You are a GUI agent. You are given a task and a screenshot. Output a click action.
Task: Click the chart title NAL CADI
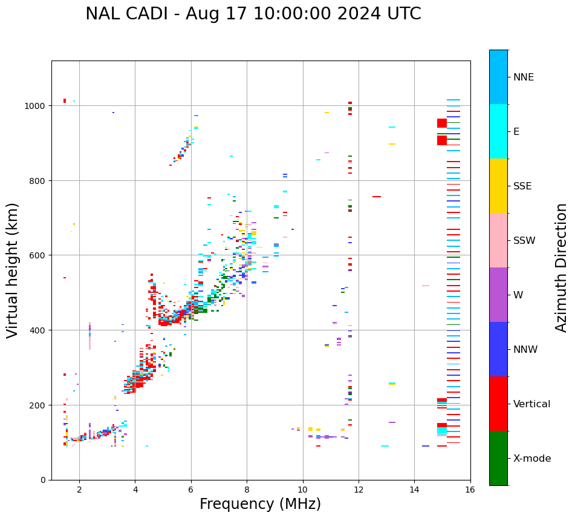coord(253,14)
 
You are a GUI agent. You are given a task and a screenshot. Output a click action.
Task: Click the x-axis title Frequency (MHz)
coord(260,504)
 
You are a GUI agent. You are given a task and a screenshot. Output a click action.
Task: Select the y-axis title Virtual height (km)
coord(13,270)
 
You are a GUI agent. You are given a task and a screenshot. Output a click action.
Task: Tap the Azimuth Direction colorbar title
coord(562,267)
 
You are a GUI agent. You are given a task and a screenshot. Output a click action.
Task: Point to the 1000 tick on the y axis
coord(37,106)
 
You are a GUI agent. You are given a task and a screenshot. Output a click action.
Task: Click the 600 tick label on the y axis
coord(39,255)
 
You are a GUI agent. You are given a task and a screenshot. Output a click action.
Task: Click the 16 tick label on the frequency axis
coord(470,490)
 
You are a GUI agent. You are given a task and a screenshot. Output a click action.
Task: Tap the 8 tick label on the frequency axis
coord(247,490)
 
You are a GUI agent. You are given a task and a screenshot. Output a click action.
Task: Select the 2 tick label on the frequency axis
coord(79,490)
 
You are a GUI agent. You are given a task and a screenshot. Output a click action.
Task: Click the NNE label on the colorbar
coord(524,77)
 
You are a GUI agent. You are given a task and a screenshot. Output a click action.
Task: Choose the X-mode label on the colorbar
coord(532,459)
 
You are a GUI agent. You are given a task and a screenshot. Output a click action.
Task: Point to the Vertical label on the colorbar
coord(532,404)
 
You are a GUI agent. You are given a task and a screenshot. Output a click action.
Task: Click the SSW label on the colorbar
coord(524,241)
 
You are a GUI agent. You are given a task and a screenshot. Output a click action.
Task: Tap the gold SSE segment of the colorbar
coord(498,186)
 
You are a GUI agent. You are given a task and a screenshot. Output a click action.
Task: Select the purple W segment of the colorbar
coord(498,295)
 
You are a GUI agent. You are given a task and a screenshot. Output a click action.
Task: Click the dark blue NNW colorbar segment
coord(498,349)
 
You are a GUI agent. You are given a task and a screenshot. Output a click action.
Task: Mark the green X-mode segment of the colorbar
coord(498,458)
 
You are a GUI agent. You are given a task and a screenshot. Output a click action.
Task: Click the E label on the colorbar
coord(516,132)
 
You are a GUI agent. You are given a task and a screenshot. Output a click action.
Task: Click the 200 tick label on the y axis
coord(39,405)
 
